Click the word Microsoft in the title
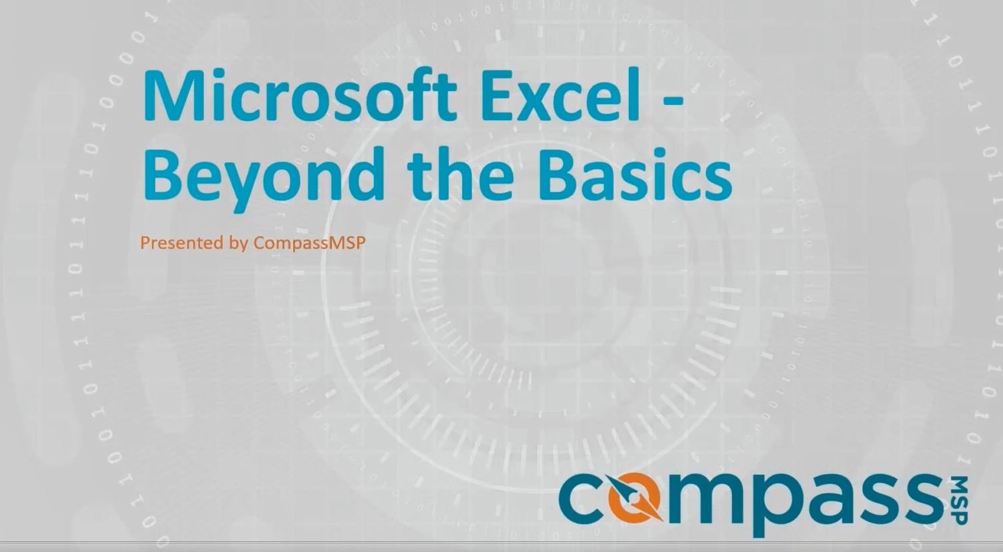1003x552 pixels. (300, 95)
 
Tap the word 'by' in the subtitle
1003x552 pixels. (239, 244)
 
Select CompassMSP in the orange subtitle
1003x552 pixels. (309, 244)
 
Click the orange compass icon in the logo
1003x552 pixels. (635, 499)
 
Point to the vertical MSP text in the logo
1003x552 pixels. (960, 500)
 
